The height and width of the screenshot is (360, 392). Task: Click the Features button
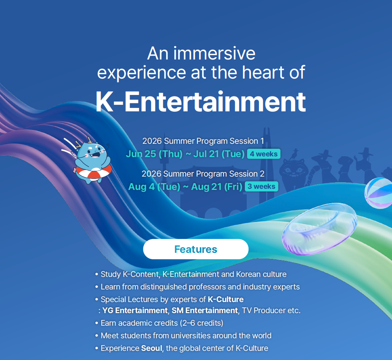[196, 249]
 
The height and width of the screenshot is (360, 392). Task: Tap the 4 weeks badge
[264, 154]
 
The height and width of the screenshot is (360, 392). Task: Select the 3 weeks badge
[262, 186]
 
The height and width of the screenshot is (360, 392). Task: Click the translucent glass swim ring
[320, 229]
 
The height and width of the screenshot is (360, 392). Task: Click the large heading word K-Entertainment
[201, 102]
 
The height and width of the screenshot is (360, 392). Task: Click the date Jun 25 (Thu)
[154, 154]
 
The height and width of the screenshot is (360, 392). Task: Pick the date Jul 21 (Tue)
[219, 154]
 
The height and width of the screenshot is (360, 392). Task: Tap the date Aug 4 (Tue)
[154, 186]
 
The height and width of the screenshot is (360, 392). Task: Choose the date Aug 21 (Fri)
[217, 186]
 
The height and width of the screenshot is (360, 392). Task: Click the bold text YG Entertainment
[135, 310]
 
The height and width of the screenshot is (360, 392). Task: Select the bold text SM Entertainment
[205, 310]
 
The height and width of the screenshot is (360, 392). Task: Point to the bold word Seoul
[152, 348]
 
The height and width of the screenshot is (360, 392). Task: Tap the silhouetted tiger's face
[292, 170]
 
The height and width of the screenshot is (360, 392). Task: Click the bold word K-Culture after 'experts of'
[226, 299]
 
